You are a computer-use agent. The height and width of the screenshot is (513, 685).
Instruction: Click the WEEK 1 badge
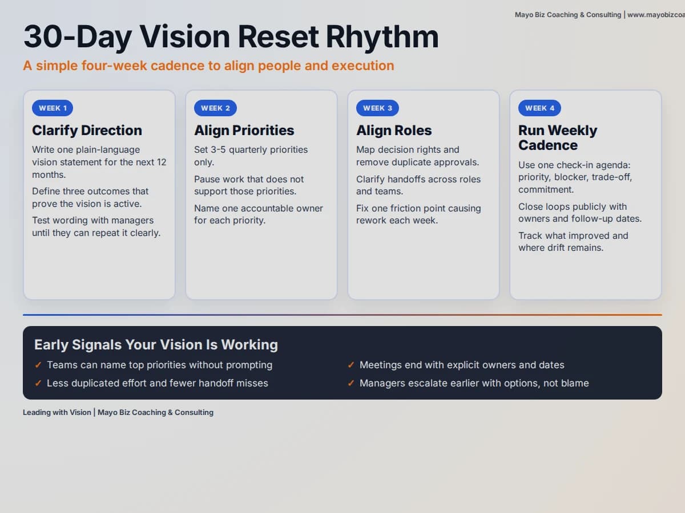53,108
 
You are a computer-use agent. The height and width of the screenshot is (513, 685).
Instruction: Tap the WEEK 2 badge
215,108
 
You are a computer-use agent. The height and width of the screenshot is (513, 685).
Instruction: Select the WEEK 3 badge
377,108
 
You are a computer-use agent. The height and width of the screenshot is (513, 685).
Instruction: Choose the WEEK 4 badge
539,108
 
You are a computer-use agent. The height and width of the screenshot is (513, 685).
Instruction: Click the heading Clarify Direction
87,131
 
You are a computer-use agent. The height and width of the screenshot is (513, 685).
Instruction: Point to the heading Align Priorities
244,131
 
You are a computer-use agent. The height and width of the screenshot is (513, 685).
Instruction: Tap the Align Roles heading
394,131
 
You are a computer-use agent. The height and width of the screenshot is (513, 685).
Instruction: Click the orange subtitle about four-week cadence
208,66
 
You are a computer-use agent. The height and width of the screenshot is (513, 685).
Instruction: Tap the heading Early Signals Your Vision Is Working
156,345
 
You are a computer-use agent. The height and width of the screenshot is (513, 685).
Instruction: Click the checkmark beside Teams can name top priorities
38,365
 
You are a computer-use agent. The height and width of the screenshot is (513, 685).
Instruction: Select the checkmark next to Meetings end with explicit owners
351,365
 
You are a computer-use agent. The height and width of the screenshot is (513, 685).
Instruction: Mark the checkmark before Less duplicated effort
38,384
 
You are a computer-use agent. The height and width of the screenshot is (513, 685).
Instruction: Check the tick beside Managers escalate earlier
351,384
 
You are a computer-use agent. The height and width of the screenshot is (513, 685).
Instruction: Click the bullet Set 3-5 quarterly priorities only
251,156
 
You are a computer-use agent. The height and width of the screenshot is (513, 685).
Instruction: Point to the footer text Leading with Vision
57,412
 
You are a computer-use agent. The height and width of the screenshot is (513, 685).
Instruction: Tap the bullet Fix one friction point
418,214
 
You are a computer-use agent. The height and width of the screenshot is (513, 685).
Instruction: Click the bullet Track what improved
573,242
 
